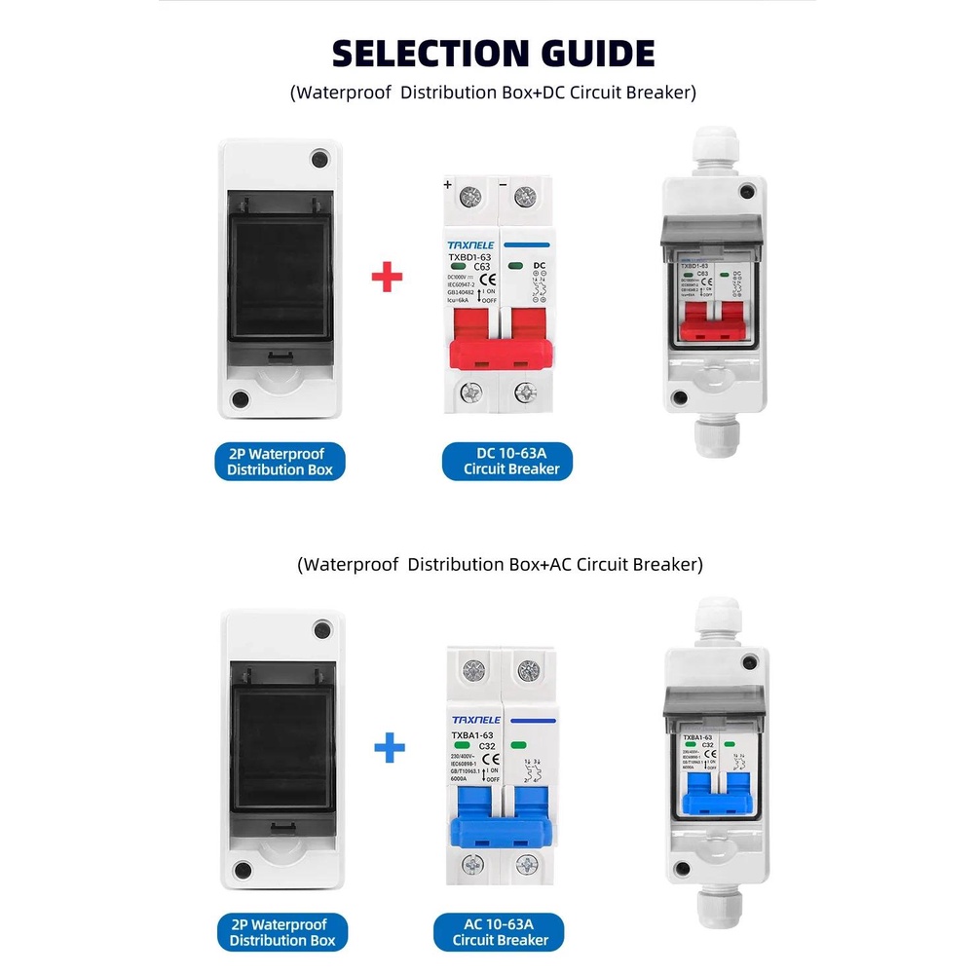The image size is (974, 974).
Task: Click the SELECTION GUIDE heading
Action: coord(493,53)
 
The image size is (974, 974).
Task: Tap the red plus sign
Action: coord(388,278)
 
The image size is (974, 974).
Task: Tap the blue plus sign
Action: coord(389,749)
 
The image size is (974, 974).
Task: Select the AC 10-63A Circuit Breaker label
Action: coord(501,932)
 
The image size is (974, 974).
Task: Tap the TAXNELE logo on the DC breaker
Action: coord(471,244)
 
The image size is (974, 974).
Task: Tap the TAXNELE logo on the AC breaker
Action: coord(475,719)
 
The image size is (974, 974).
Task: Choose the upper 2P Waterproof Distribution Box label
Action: coord(280,461)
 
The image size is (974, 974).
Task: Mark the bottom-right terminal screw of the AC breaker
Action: coord(528,864)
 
